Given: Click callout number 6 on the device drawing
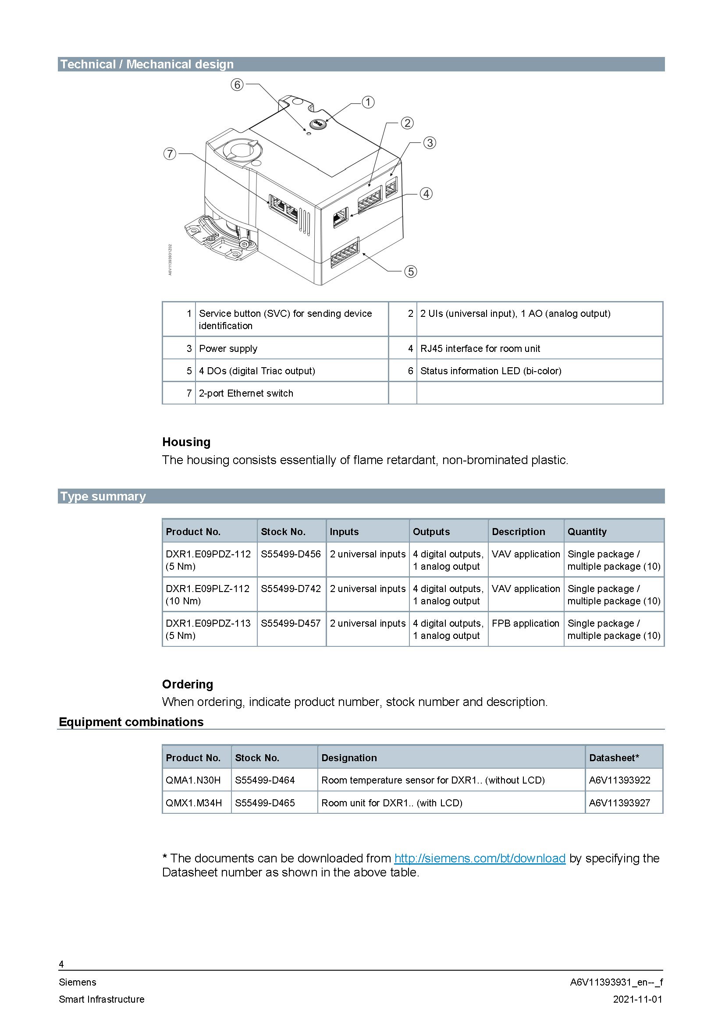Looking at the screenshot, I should [x=237, y=85].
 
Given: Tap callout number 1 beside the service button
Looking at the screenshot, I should [x=368, y=102].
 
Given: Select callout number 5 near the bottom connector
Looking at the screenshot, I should [x=410, y=271].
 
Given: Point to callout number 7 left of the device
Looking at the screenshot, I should [x=170, y=154].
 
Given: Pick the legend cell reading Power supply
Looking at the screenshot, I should [x=228, y=348].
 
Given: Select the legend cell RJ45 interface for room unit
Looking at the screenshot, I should [x=480, y=348].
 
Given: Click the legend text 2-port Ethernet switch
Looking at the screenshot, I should [x=246, y=393].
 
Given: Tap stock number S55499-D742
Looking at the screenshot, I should [x=291, y=589].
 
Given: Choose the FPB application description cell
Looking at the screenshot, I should [x=526, y=623].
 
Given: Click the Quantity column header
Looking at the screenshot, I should [x=586, y=531].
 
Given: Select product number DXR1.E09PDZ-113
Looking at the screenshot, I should [x=208, y=623].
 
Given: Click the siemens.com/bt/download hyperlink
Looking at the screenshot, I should [x=480, y=858].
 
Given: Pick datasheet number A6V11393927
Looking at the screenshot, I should [x=619, y=803].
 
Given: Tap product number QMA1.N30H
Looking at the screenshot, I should [x=193, y=780].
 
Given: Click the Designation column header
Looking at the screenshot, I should [x=348, y=758].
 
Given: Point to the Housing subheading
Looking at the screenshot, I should [x=186, y=442].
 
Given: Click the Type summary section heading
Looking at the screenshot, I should [x=103, y=497].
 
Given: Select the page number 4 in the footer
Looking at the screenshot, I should [x=61, y=964].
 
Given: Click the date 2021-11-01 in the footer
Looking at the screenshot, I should [x=637, y=999].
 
